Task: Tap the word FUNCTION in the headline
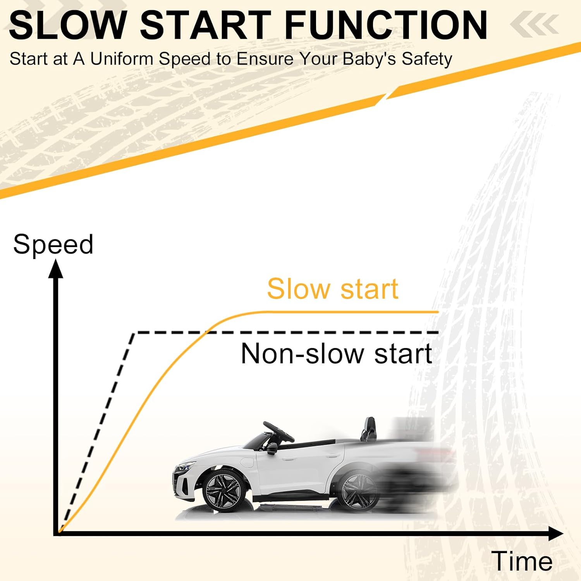tap(386, 25)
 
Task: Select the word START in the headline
tap(206, 25)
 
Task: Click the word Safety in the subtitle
tap(427, 60)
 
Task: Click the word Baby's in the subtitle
tap(370, 60)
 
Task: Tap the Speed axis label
tap(53, 245)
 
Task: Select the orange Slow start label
tap(333, 289)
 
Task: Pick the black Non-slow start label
tap(336, 353)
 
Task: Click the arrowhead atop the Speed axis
tap(55, 269)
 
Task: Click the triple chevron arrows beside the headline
tap(535, 24)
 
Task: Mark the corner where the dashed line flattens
tap(134, 333)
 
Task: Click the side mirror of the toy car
tap(272, 449)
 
